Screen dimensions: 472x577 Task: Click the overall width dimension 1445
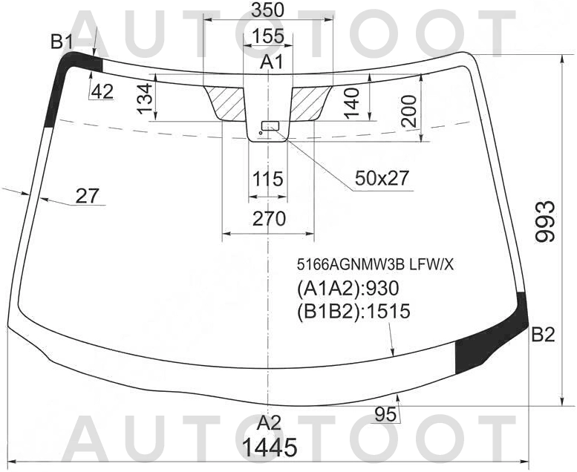(x=270, y=448)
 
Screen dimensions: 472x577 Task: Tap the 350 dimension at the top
(x=267, y=10)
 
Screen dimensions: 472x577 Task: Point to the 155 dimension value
(x=267, y=36)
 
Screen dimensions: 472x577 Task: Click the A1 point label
(x=272, y=62)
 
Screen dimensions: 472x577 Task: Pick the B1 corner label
(x=62, y=42)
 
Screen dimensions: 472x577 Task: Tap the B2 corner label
(x=543, y=335)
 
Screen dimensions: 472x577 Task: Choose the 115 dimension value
(x=267, y=179)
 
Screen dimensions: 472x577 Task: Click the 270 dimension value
(x=268, y=219)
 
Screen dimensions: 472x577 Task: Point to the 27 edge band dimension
(x=88, y=196)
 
